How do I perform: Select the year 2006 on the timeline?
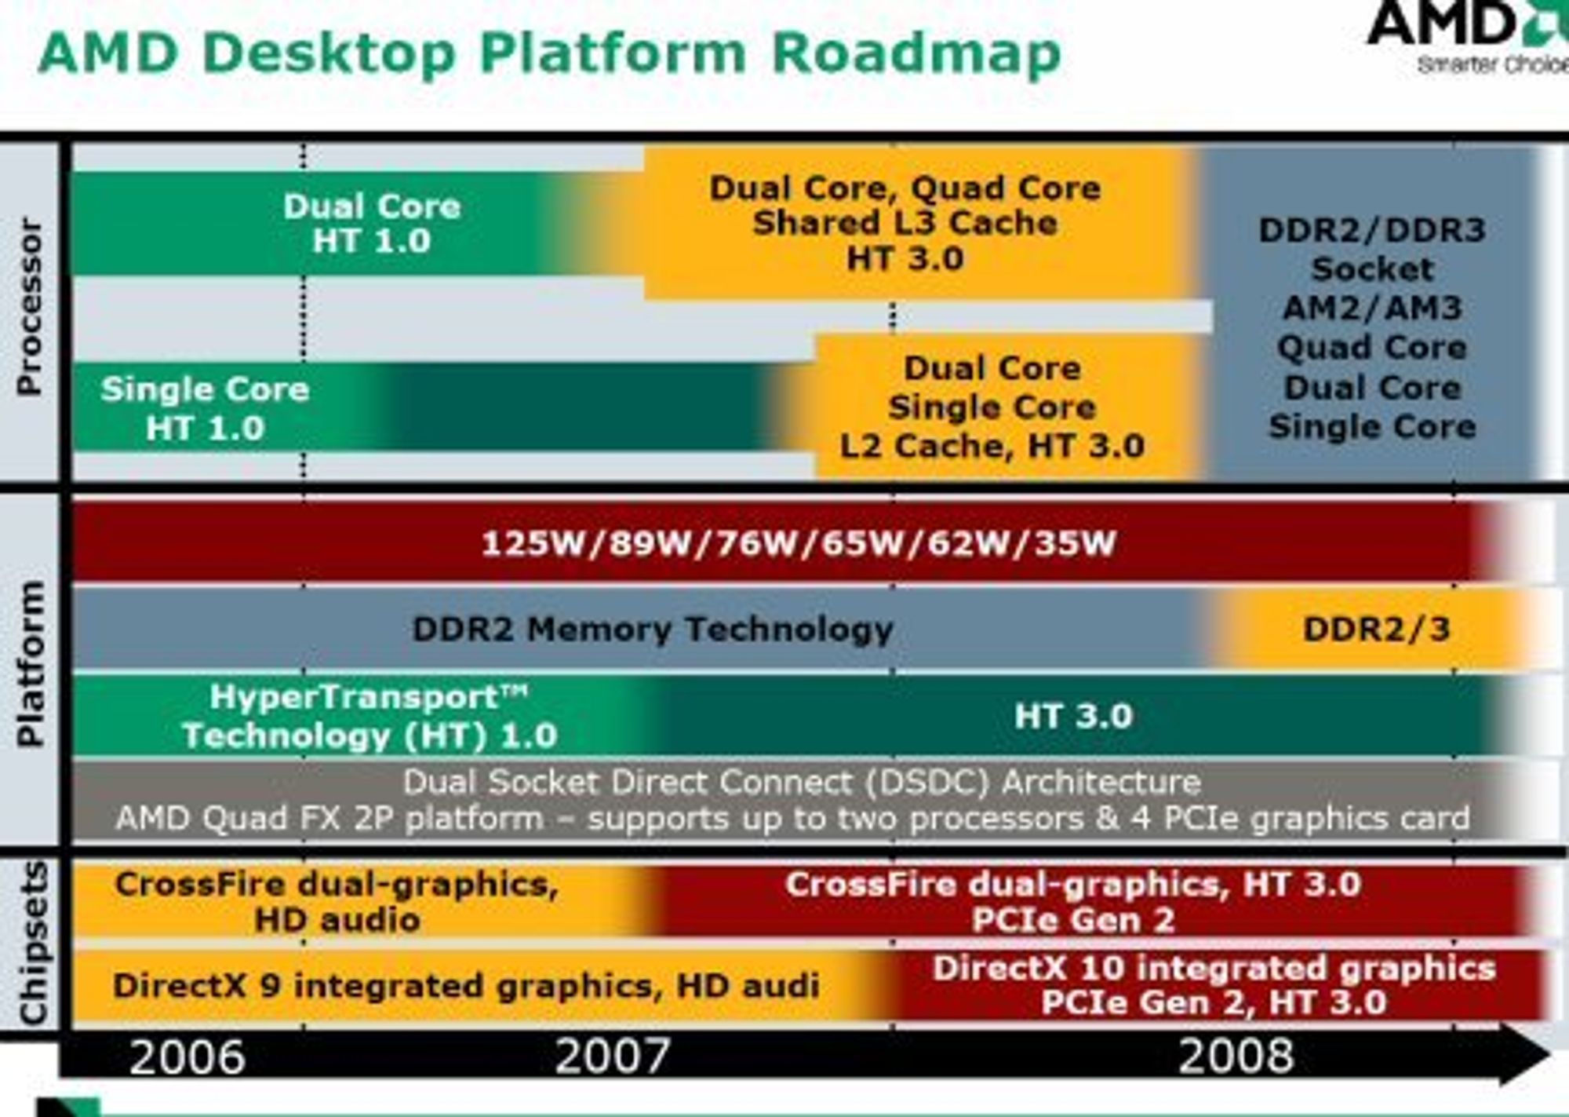coord(187,1057)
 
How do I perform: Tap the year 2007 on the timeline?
coord(613,1057)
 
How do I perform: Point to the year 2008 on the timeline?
coord(1236,1057)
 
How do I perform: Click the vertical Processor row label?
coord(29,307)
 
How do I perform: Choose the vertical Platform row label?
coord(29,664)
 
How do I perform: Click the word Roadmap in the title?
coord(916,53)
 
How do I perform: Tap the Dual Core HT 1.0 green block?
coord(372,224)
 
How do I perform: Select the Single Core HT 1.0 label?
coord(206,408)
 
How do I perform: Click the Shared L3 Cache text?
coord(905,224)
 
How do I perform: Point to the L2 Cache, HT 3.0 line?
coord(992,447)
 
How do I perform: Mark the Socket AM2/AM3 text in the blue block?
coord(1373,288)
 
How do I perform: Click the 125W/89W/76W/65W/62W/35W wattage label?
coord(799,543)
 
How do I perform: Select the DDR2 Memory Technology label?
coord(653,630)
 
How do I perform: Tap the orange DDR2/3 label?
coord(1377,630)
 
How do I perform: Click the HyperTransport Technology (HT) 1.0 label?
coord(369,717)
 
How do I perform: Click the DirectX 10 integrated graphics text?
coord(1214,968)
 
